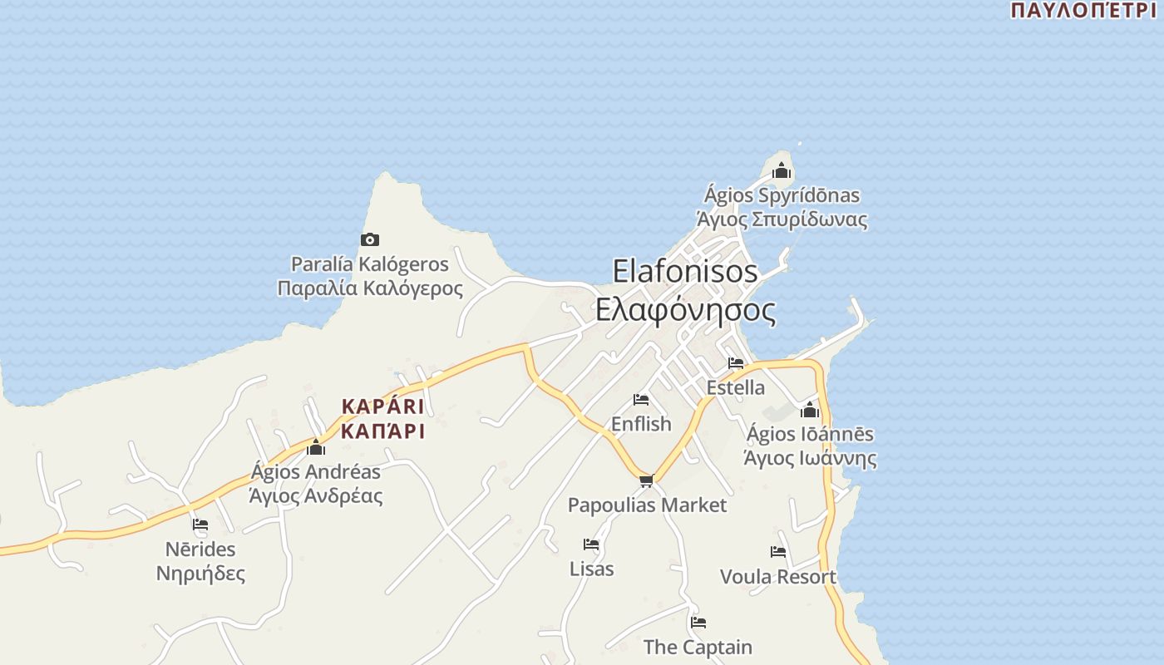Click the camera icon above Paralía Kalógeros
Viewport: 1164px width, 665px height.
pos(370,240)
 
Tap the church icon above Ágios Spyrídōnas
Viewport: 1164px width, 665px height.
pos(782,171)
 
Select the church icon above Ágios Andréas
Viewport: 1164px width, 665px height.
pos(316,448)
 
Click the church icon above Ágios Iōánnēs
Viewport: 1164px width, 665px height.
pos(810,410)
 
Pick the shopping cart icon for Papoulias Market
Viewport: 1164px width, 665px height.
pos(647,480)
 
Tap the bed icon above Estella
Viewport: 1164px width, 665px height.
pos(736,363)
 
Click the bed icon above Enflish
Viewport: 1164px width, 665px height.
pos(641,400)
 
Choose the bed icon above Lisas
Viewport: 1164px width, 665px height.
pos(591,544)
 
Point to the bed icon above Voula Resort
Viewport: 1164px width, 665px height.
pos(778,552)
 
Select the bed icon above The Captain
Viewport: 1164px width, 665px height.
pos(698,622)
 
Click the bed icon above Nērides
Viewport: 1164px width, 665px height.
pos(200,525)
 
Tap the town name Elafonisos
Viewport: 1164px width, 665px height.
pos(685,271)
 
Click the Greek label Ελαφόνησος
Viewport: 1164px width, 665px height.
pos(685,310)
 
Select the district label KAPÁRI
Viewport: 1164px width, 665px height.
pos(382,407)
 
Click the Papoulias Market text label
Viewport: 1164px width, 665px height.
pos(647,505)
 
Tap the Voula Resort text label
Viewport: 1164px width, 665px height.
pos(778,577)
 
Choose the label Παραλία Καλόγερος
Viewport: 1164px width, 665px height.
pos(370,288)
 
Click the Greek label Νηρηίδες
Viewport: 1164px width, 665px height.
pos(200,574)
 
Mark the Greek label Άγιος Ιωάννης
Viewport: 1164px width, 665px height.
pos(810,458)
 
